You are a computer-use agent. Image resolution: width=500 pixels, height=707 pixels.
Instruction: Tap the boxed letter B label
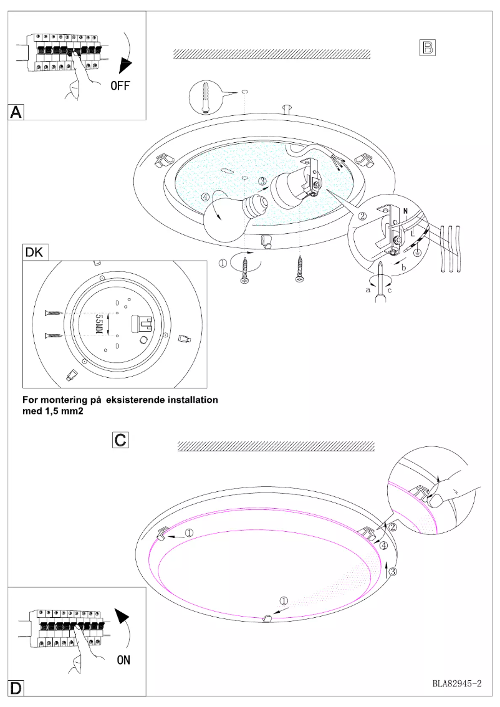coord(428,47)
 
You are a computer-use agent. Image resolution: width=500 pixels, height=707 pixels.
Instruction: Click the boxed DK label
coord(35,252)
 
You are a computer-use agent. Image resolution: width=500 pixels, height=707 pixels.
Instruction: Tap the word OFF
coord(120,85)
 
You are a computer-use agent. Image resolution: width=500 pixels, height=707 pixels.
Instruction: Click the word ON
coord(123,660)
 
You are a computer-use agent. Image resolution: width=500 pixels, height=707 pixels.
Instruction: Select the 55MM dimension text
coord(98,324)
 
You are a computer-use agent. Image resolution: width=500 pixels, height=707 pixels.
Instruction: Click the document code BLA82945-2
coord(457,684)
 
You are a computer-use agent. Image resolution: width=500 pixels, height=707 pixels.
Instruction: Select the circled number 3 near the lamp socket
coord(263,181)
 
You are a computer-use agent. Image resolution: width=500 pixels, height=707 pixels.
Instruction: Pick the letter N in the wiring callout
coord(405,211)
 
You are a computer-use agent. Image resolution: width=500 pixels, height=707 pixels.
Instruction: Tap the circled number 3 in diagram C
coord(393,569)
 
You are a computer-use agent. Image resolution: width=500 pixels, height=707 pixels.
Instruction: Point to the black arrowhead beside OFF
coord(128,65)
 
